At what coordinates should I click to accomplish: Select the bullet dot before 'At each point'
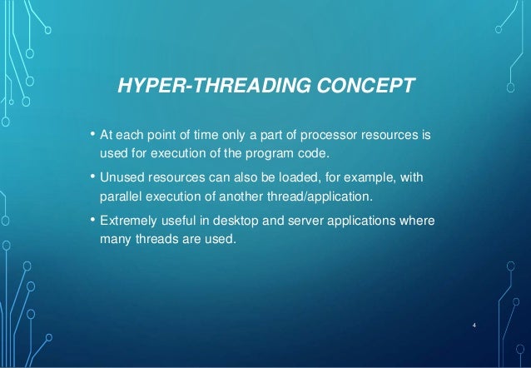pos(92,133)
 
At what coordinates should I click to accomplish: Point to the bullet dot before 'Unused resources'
pos(92,177)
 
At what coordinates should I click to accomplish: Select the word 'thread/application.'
pos(321,198)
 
